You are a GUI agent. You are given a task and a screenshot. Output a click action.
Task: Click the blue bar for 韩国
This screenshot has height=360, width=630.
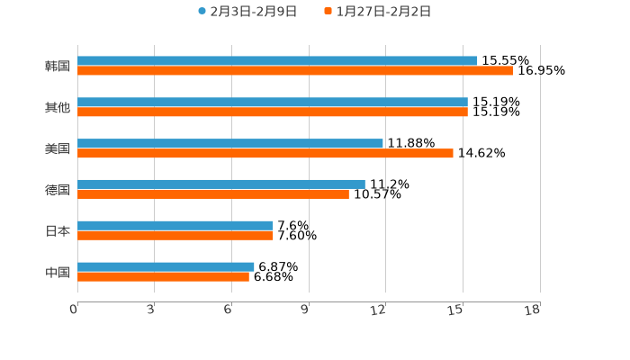[x=277, y=61]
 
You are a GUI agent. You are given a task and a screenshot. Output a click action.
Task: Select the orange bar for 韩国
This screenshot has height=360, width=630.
[x=295, y=70]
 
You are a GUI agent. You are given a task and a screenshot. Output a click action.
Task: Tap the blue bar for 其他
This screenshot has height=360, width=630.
[x=273, y=103]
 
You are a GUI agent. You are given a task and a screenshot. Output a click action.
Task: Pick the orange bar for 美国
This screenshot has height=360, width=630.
[x=265, y=154]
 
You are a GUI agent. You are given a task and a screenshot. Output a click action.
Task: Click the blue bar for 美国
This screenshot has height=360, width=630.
[x=230, y=144]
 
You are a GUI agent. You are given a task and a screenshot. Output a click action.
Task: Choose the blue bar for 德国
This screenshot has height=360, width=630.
[x=221, y=184]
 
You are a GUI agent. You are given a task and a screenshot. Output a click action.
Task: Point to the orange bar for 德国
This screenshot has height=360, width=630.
[x=213, y=193]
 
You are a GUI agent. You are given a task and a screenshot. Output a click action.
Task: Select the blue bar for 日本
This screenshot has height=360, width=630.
[x=175, y=226]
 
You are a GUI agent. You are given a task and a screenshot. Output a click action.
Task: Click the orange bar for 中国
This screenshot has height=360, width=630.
[x=163, y=276]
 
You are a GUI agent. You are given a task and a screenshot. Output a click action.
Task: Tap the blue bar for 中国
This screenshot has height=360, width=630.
[x=166, y=266]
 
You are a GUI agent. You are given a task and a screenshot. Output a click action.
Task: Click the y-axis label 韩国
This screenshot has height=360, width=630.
[x=58, y=66]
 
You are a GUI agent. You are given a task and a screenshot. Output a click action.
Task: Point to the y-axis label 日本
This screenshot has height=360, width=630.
[x=58, y=230]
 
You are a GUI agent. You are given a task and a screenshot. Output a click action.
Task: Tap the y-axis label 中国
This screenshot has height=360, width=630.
[x=58, y=272]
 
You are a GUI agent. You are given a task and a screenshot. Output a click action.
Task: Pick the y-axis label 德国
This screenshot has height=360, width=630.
[x=58, y=189]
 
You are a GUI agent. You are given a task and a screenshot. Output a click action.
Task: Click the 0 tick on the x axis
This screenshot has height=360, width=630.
[x=75, y=310]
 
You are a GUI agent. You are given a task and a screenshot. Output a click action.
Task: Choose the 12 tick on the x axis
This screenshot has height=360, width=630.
[x=380, y=310]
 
